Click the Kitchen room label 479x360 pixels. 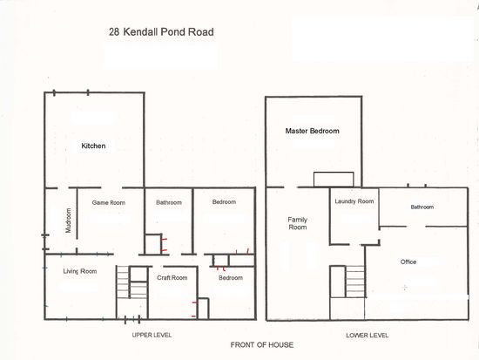pos(93,146)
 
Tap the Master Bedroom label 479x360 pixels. pos(312,131)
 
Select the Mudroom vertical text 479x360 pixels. pos(69,221)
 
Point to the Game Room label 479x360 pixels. pos(109,202)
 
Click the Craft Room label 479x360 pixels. pos(172,278)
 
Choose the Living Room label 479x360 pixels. pos(80,271)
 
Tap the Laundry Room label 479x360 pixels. pos(354,201)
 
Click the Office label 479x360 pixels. pos(408,262)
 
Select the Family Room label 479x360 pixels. pos(298,223)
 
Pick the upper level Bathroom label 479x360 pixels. pos(169,202)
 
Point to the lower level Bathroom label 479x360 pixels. pos(422,207)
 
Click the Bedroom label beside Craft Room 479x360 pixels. pos(231,278)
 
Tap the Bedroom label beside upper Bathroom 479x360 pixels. pos(224,202)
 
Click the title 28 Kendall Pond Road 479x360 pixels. pos(161,31)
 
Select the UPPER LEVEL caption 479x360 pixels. pos(152,335)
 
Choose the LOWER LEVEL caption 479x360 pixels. pos(368,336)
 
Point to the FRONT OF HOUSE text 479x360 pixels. pos(262,345)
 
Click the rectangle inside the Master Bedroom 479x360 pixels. pos(334,180)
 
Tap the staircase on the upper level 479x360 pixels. pos(132,282)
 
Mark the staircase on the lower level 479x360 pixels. pos(355,282)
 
